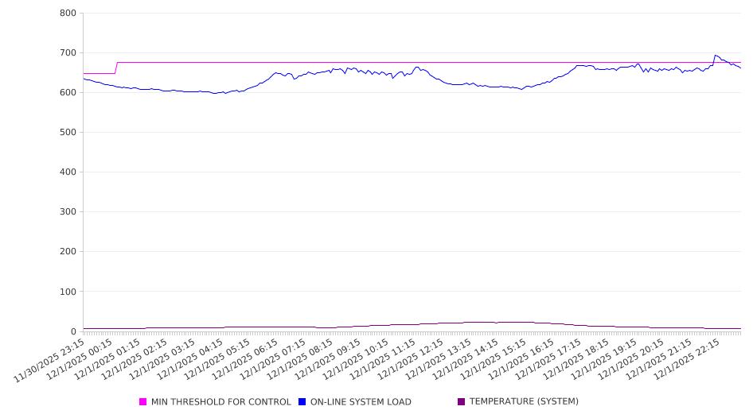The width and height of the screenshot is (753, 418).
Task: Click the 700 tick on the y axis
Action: tap(67, 53)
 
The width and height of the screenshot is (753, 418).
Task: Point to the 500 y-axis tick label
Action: tap(67, 133)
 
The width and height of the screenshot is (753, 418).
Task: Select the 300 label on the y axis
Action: tap(67, 212)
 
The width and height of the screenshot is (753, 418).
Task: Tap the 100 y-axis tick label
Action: tap(67, 292)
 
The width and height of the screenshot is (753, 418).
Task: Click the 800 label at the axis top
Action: tap(67, 14)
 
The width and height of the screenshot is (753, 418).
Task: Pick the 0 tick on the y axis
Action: tap(72, 331)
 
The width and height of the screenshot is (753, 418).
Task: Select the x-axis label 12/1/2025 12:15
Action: tap(421, 358)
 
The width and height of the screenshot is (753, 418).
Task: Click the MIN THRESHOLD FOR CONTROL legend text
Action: tap(220, 402)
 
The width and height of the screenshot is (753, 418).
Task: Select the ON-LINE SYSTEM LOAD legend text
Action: tap(361, 402)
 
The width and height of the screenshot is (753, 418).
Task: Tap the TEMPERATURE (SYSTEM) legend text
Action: tap(524, 402)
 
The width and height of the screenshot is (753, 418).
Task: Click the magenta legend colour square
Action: tap(143, 402)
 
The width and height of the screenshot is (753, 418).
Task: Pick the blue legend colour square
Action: tap(302, 402)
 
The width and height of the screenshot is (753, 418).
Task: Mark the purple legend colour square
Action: tap(462, 402)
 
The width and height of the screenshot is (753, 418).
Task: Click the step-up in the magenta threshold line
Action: tap(117, 68)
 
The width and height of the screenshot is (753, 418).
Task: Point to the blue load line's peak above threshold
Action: tap(716, 56)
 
